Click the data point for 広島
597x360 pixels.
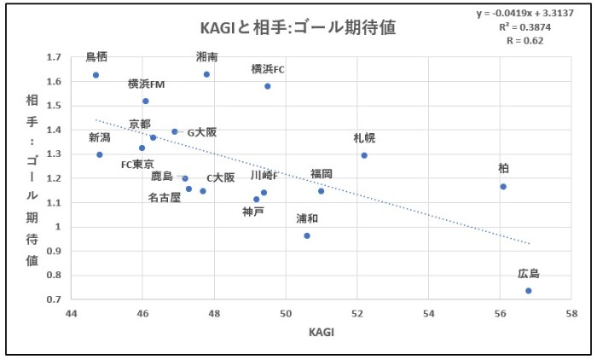(x=529, y=291)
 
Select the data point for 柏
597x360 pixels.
(x=503, y=186)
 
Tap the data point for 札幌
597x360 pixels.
(x=364, y=155)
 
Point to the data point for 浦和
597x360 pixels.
(x=307, y=235)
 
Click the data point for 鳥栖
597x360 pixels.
(x=96, y=75)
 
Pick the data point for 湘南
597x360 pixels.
(x=206, y=74)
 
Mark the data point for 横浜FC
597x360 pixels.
(x=268, y=86)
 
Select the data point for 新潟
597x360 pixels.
(x=100, y=154)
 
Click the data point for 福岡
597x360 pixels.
(x=322, y=191)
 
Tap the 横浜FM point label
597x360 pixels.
(x=146, y=84)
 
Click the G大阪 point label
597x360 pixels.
(x=202, y=132)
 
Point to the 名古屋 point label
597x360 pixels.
(x=165, y=197)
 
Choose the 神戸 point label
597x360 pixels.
(x=253, y=212)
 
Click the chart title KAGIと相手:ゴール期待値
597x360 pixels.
(x=298, y=27)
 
